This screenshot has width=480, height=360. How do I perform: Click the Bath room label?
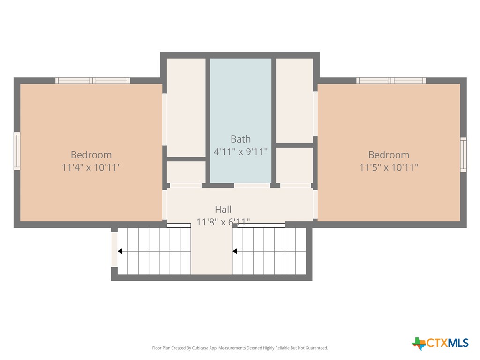(240, 139)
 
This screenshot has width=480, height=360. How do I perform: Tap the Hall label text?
(223, 210)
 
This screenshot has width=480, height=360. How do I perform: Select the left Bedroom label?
(91, 155)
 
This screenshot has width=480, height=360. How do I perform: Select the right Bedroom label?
(388, 155)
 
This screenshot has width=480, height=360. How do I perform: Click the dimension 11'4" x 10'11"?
(91, 167)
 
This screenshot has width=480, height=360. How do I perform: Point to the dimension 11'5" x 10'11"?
(389, 167)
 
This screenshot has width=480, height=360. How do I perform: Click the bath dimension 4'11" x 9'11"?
(240, 152)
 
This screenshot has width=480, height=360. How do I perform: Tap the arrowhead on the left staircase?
(120, 251)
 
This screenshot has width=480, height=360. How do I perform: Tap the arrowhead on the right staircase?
(235, 251)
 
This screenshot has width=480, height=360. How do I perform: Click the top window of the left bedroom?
(92, 81)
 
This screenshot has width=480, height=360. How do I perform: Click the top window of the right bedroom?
(390, 81)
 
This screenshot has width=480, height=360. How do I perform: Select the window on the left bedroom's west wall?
(17, 150)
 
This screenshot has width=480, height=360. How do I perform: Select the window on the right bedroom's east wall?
(463, 154)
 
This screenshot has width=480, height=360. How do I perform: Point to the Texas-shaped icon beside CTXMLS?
(419, 343)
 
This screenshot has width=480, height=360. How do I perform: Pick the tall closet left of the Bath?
(186, 107)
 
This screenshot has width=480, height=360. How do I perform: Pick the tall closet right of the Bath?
(294, 100)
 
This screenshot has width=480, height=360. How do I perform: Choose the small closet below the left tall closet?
(186, 172)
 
